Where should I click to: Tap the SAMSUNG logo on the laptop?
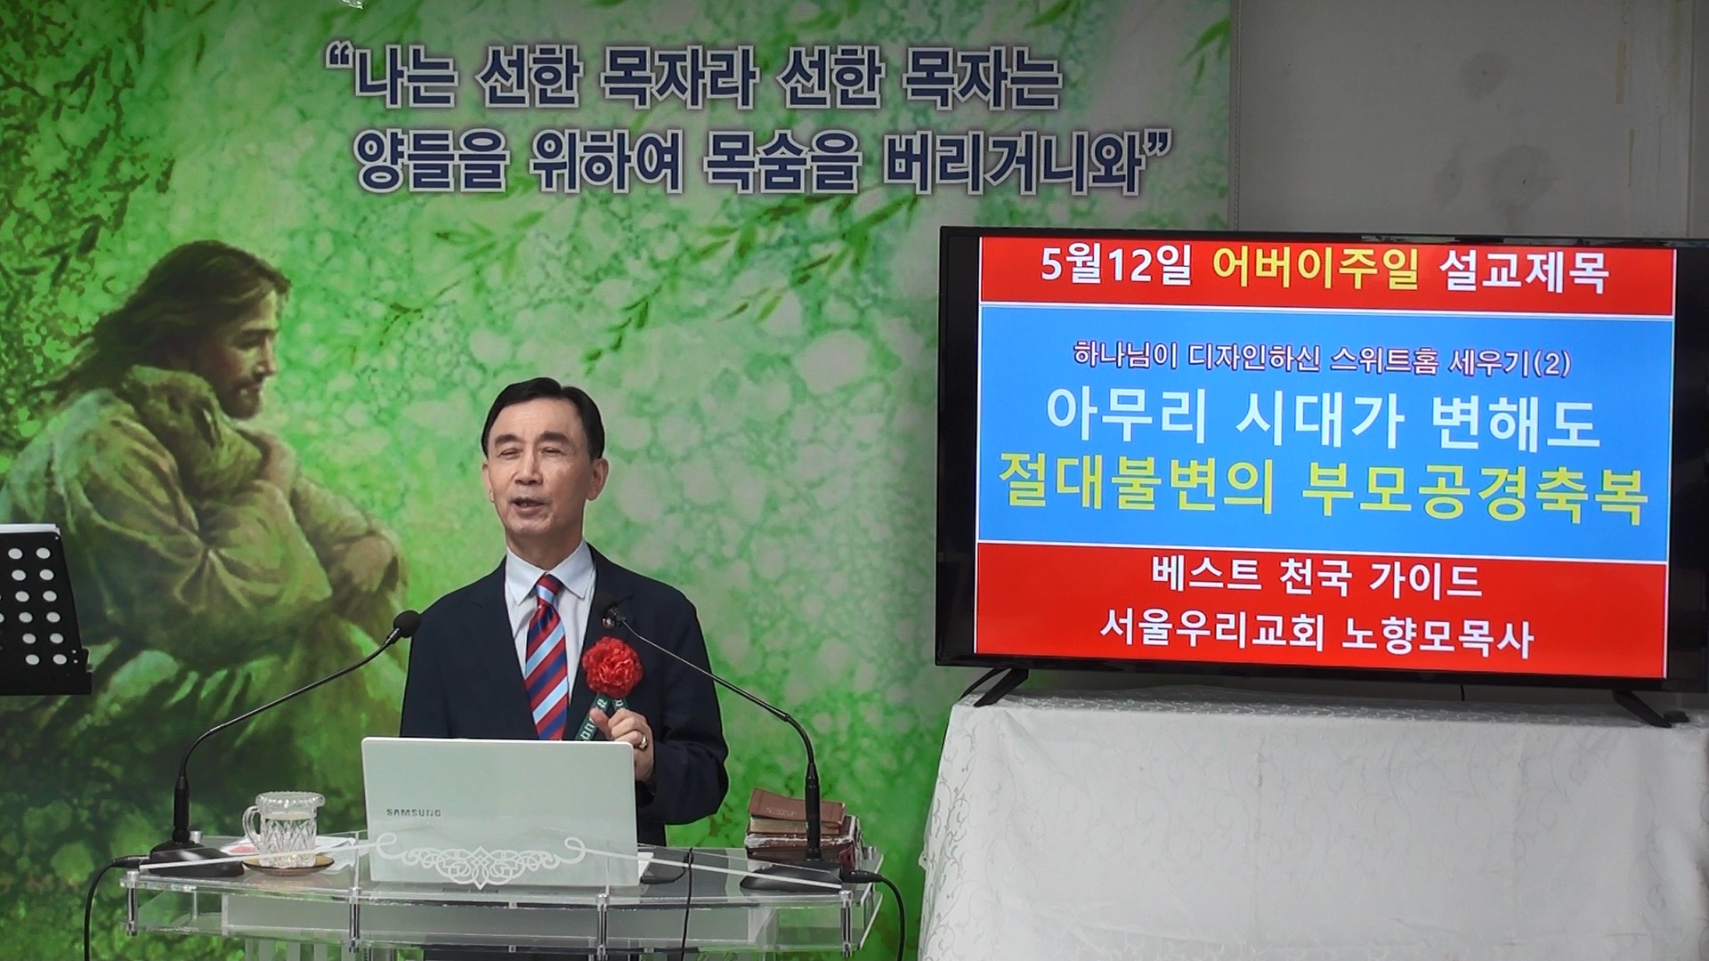(x=413, y=812)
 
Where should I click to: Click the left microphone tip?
(x=407, y=622)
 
